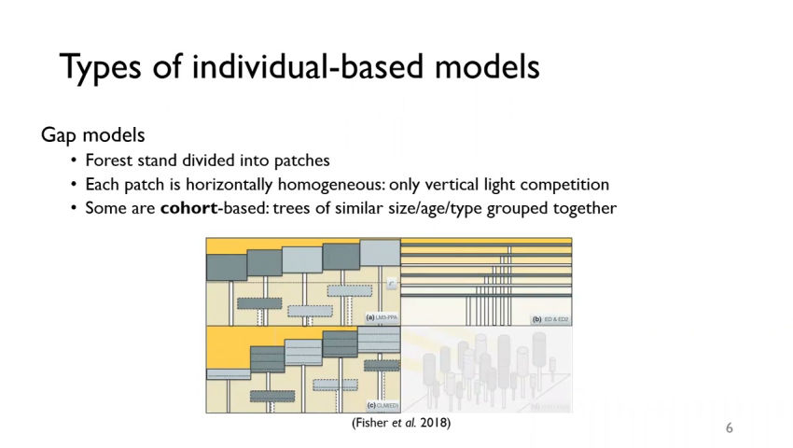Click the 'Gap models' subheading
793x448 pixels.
pyautogui.click(x=92, y=135)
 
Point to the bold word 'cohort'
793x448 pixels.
pyautogui.click(x=188, y=208)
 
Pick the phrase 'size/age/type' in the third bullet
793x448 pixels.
pyautogui.click(x=413, y=208)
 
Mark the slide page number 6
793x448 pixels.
pyautogui.click(x=730, y=427)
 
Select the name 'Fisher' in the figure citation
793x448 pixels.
pyautogui.click(x=371, y=423)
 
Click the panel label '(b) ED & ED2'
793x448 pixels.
pyautogui.click(x=550, y=318)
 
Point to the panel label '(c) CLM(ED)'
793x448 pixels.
pyautogui.click(x=383, y=405)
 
